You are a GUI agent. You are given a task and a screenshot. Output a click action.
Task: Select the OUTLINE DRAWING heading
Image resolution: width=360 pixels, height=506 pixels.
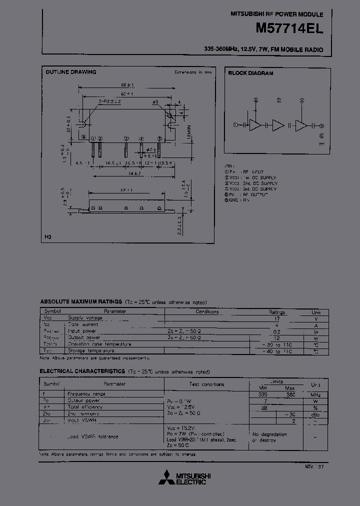pos(71,72)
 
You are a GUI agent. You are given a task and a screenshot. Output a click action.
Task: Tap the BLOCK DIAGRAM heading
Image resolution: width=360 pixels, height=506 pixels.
pos(250,73)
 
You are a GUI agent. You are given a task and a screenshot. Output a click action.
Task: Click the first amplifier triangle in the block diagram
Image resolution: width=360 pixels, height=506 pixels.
pos(255,125)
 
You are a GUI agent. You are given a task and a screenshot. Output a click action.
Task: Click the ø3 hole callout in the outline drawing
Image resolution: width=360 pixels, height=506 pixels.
pos(155,102)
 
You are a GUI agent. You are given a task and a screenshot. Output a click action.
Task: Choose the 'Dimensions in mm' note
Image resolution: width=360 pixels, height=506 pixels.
pos(193,72)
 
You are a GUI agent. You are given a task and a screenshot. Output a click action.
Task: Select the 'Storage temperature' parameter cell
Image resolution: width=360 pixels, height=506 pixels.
pos(92,351)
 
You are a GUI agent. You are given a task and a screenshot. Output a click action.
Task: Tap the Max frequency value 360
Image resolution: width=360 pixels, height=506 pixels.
pos(290,394)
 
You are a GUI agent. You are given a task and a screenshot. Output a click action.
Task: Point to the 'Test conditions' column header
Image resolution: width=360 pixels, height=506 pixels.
pos(206,384)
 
